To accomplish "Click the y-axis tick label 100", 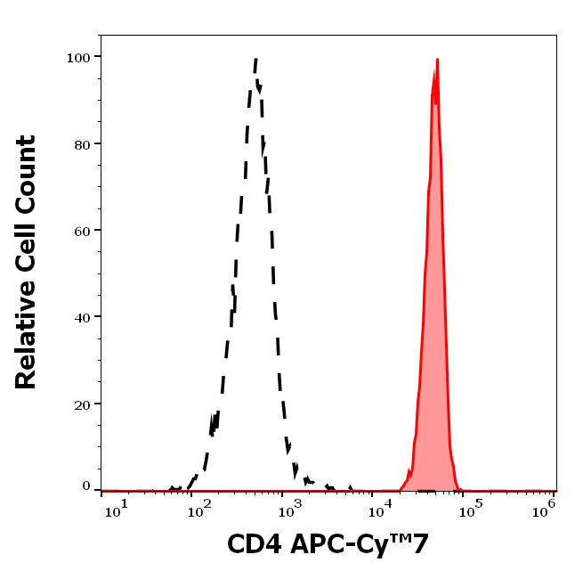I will point(79,58).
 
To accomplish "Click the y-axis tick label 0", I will point(86,486).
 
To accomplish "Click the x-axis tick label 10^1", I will point(116,507).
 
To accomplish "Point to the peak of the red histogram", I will point(437,61).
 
